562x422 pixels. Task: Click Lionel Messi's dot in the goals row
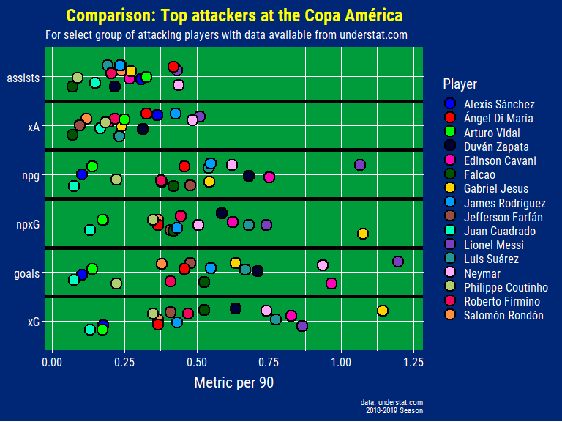click(397, 262)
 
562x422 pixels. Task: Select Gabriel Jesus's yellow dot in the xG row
click(382, 311)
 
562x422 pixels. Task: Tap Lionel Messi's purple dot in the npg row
click(360, 165)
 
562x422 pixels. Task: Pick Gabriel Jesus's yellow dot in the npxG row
click(362, 234)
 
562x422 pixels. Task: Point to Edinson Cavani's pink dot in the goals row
click(331, 284)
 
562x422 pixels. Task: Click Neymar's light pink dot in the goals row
click(323, 264)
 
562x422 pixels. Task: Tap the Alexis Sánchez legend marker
click(451, 105)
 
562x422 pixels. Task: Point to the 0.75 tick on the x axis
click(269, 362)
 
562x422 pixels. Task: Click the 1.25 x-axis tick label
click(413, 362)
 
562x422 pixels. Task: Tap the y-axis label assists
click(23, 78)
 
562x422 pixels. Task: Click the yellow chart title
click(234, 15)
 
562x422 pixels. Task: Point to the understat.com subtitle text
click(227, 34)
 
